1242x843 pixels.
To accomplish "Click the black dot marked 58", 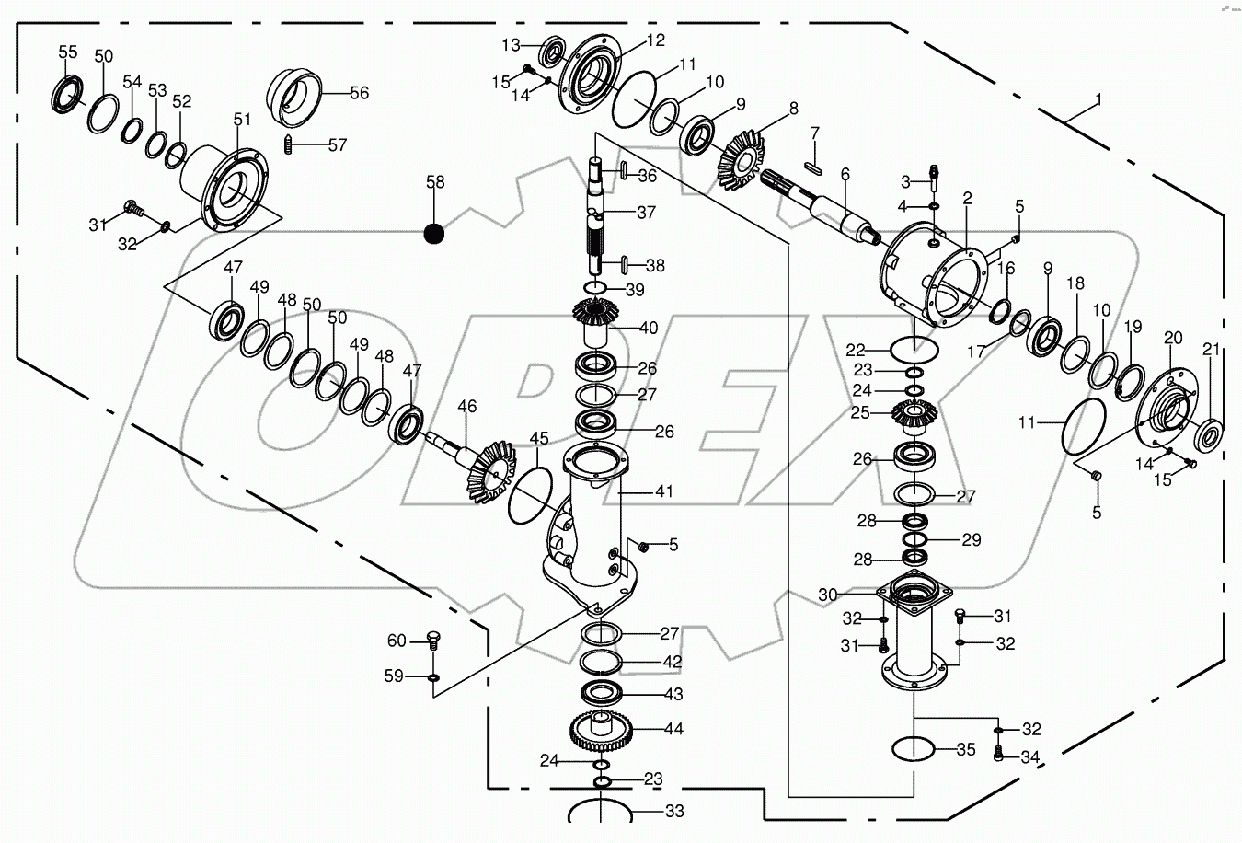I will point(434,234).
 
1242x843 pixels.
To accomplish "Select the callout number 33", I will point(674,812).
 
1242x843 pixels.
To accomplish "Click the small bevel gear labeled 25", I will point(914,417).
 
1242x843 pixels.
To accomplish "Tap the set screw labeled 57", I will point(289,144).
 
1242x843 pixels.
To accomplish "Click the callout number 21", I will point(1211,350).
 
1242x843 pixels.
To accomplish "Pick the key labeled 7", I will point(811,167).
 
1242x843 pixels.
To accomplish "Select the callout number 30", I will point(827,595).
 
